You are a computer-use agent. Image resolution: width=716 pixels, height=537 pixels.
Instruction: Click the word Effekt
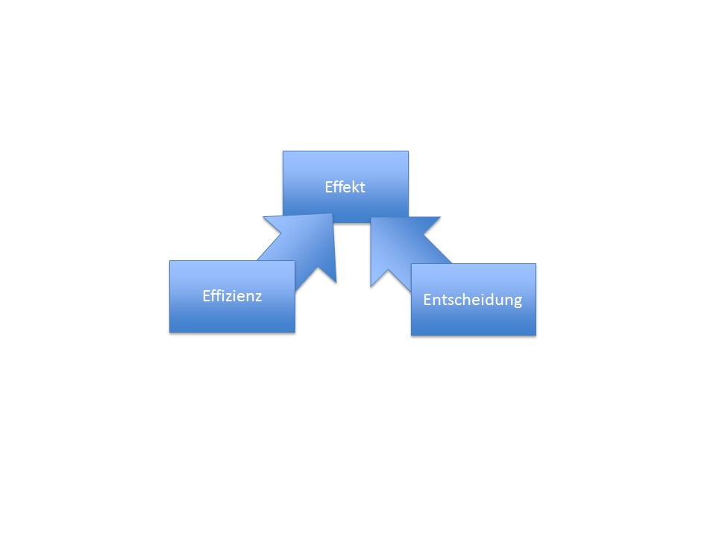(x=345, y=187)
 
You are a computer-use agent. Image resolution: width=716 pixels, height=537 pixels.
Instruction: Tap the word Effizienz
(x=232, y=295)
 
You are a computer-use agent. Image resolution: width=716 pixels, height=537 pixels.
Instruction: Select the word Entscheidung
(x=472, y=300)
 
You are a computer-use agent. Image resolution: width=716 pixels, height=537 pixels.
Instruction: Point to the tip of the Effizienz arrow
(x=332, y=214)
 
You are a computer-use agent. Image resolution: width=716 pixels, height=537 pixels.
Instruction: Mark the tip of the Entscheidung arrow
(x=371, y=218)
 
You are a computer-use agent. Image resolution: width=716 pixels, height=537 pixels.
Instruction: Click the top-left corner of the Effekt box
(x=283, y=151)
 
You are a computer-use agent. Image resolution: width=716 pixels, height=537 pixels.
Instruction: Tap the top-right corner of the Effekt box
(x=408, y=151)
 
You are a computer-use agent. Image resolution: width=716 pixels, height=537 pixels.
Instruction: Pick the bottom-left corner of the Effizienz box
(x=170, y=332)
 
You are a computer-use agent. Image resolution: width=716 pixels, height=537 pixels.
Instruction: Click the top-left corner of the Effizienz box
(x=170, y=261)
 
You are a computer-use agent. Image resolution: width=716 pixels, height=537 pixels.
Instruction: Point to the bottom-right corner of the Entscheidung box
(x=536, y=335)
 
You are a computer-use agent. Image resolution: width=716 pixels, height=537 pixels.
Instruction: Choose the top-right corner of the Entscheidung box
(x=536, y=264)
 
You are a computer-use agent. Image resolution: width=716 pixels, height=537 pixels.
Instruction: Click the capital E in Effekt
(x=329, y=187)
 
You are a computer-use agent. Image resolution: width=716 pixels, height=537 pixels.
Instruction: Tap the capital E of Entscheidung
(x=427, y=300)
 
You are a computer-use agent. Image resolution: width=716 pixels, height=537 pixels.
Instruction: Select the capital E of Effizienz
(x=207, y=295)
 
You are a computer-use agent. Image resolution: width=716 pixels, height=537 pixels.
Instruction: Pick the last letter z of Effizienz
(x=258, y=296)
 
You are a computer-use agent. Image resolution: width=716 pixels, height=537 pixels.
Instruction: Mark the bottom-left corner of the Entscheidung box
(x=412, y=335)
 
